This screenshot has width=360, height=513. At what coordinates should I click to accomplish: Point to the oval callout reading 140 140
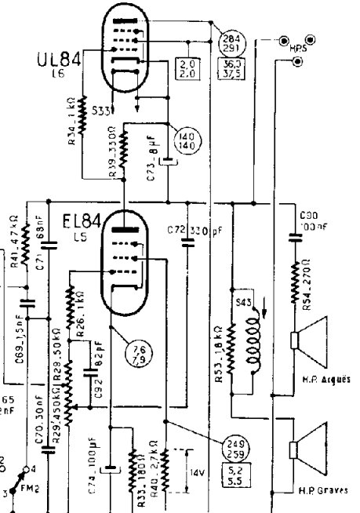[x=190, y=140]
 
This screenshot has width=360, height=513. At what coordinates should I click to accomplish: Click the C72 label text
[x=176, y=231]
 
